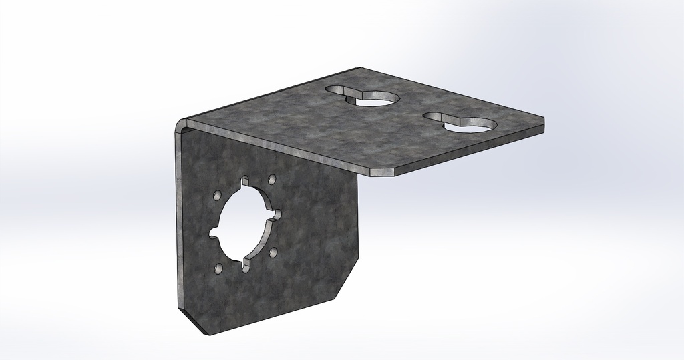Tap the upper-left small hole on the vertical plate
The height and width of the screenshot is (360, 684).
pos(218,196)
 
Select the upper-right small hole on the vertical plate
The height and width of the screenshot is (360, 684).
pos(271,180)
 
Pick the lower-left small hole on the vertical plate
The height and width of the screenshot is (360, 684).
pos(218,268)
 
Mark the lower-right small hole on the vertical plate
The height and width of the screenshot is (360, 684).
pos(273,252)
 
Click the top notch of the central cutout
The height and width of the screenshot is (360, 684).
pos(245,181)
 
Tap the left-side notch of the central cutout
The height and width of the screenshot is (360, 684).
pos(214,233)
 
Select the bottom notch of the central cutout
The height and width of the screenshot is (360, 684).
pos(245,265)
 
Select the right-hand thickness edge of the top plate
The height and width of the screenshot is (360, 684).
pos(468,150)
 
